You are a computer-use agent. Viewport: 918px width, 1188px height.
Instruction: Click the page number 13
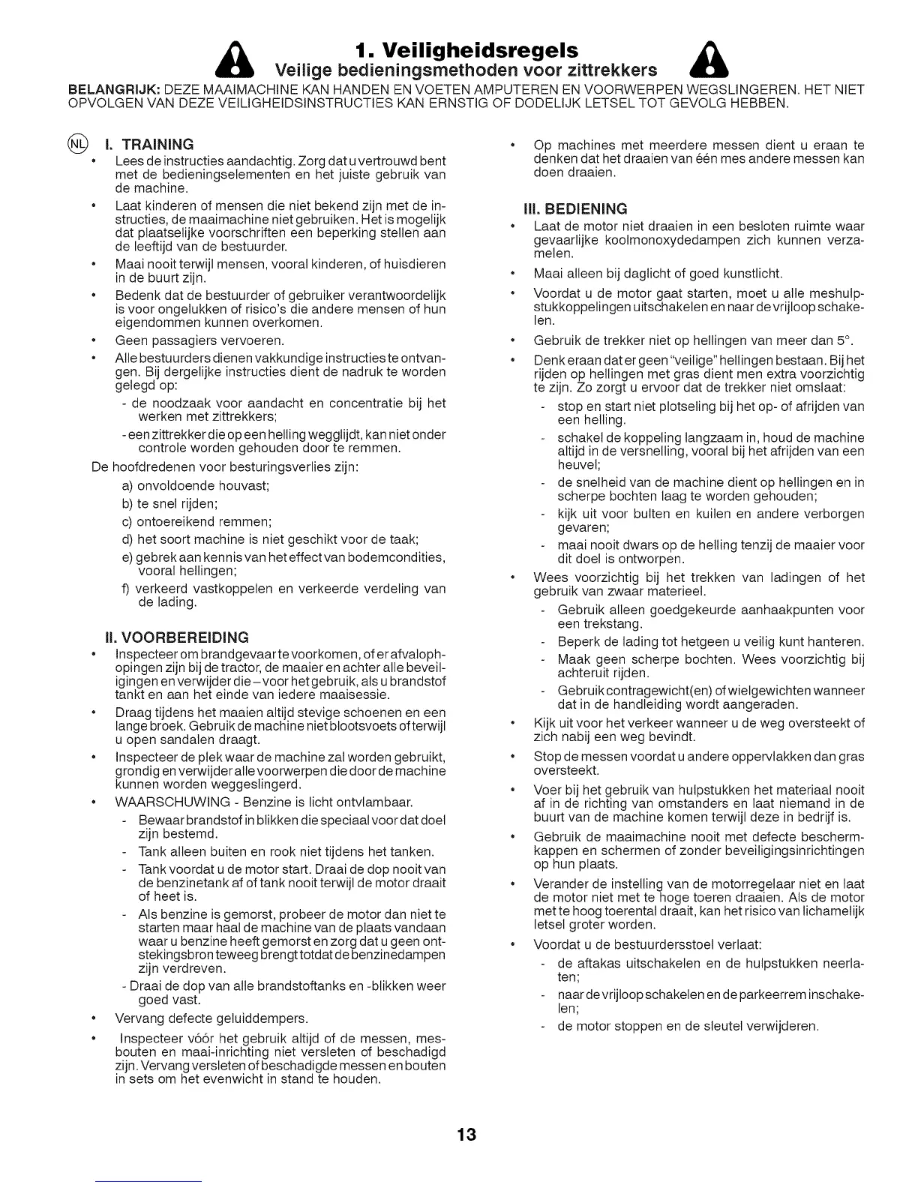[x=465, y=1133]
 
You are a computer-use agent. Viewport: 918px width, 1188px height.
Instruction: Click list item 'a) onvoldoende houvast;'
[x=195, y=486]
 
